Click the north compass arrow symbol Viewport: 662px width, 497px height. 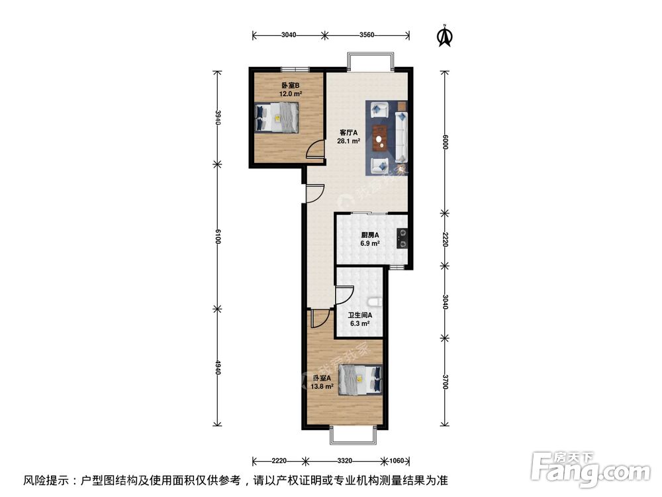(446, 36)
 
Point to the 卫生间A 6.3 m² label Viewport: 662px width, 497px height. (360, 319)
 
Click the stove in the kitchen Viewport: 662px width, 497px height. (402, 237)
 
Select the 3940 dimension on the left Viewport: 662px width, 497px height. (215, 118)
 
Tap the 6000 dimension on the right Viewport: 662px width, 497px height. (446, 142)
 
